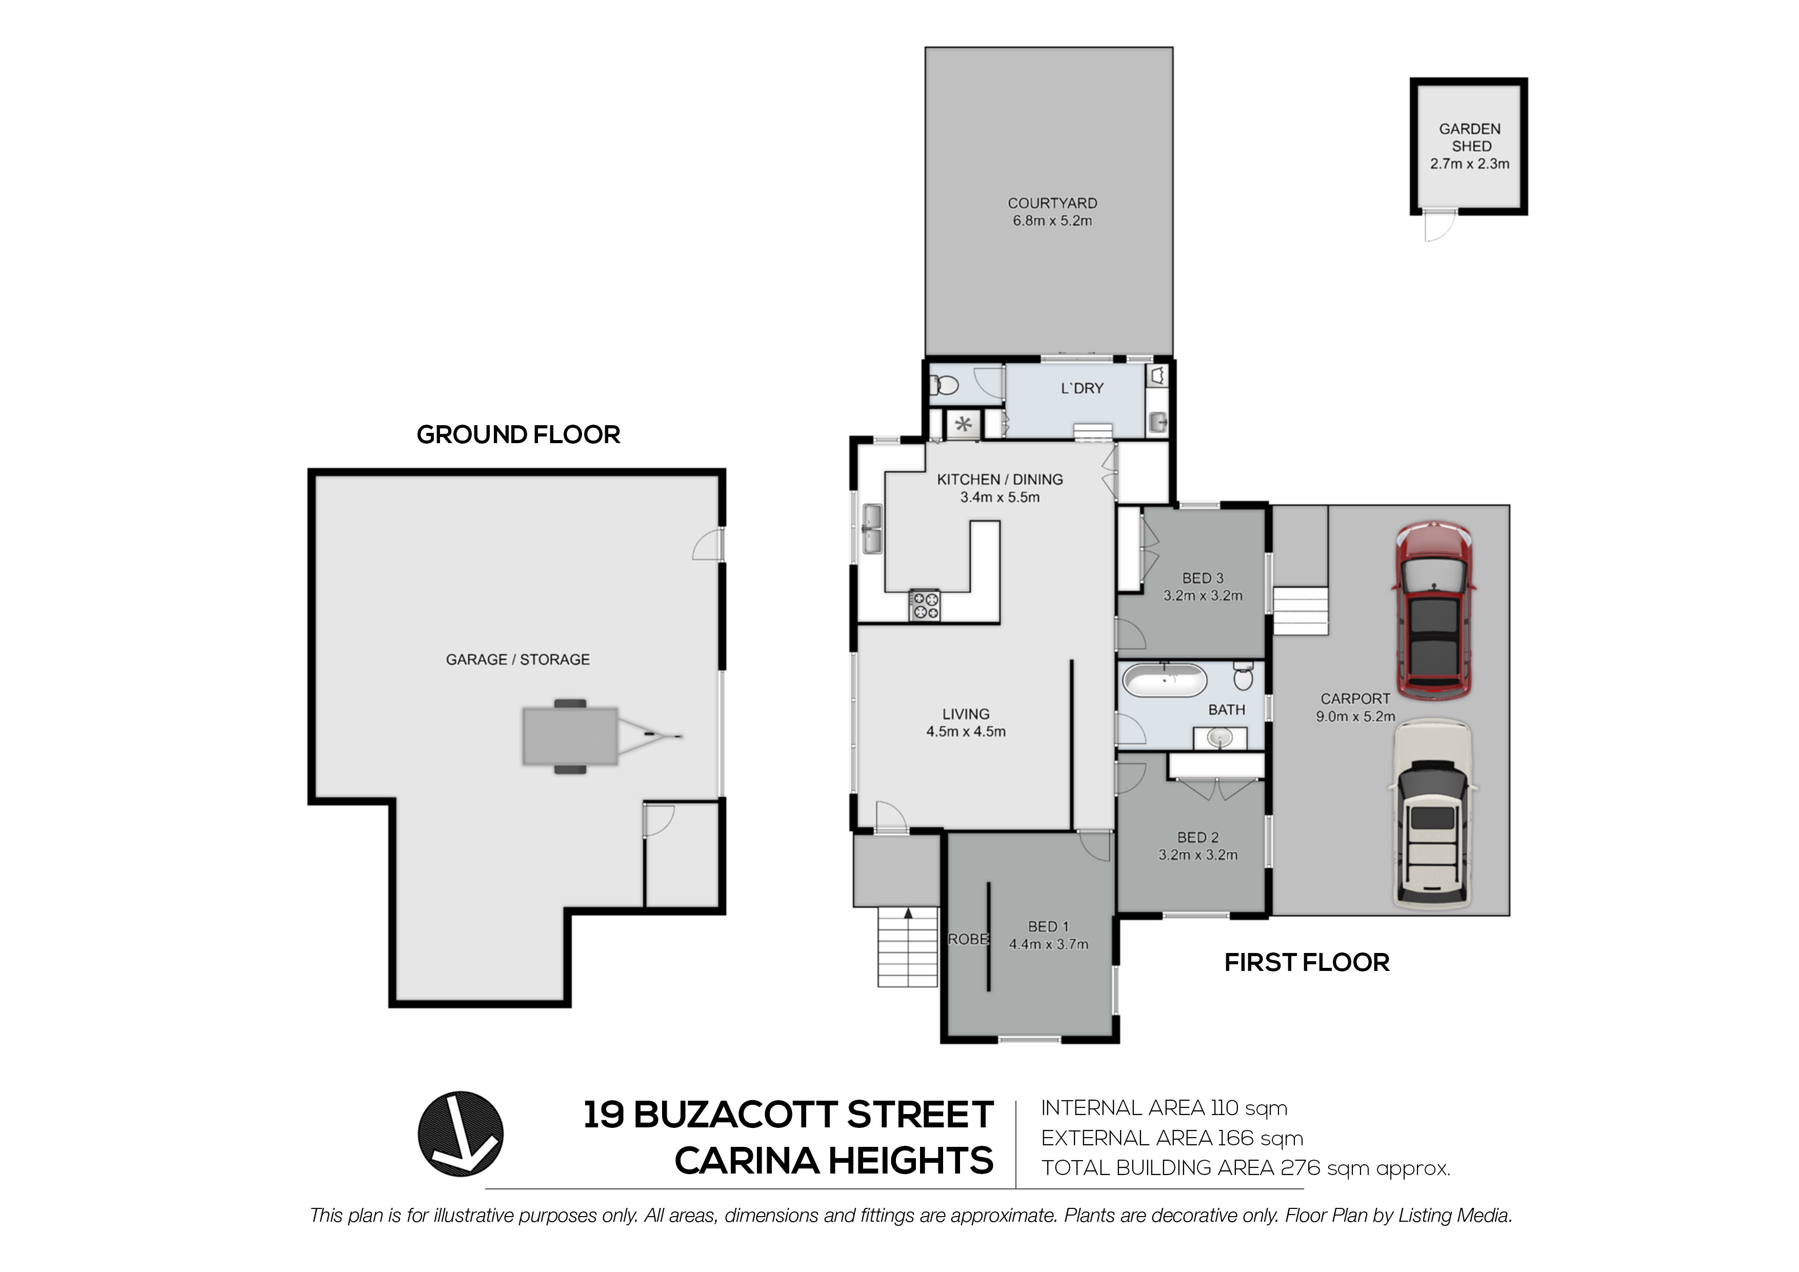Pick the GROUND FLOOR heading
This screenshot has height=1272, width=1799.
(518, 434)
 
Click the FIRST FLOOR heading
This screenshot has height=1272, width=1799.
(1306, 962)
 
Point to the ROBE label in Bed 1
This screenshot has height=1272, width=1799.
(968, 939)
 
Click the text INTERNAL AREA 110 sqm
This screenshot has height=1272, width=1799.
(1164, 1108)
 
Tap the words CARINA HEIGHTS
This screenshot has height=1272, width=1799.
(834, 1161)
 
